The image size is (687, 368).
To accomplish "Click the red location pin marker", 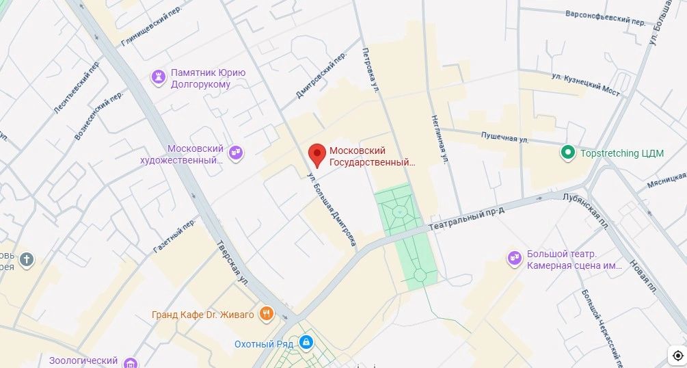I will [x=316, y=155].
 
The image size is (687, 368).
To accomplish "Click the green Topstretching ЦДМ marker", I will [x=567, y=153].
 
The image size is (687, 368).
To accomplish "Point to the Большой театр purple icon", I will [x=514, y=258].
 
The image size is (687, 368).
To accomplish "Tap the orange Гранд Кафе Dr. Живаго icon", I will [x=267, y=315].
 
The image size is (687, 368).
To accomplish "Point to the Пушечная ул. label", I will [x=505, y=139].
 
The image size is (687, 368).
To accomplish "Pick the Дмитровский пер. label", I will [x=318, y=79].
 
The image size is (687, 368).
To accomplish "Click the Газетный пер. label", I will [x=174, y=237].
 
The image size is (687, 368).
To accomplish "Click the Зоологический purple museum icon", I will [x=132, y=361].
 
